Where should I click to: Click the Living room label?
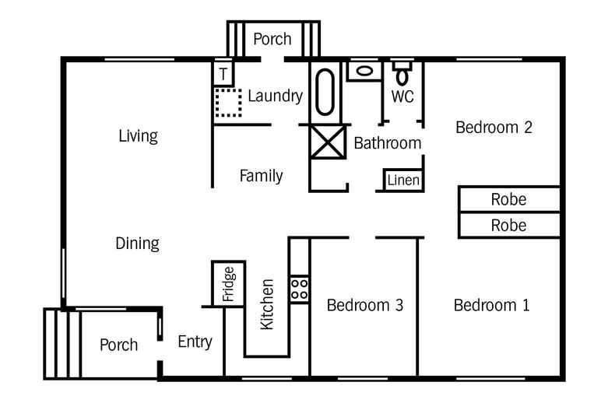point(138,136)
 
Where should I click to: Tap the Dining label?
point(137,244)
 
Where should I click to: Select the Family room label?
point(261,176)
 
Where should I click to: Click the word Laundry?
point(275,96)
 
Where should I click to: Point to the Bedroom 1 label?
point(491,306)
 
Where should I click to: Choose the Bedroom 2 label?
point(494,128)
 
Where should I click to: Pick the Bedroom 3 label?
point(364,306)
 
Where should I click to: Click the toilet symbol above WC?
point(402,72)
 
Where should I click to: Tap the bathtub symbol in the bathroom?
point(325,92)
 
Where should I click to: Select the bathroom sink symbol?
point(363,72)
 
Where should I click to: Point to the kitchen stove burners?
point(300,289)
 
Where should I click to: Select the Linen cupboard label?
point(403,181)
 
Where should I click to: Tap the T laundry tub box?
point(223,75)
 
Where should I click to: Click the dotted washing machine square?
point(228,103)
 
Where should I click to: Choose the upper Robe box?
point(508,200)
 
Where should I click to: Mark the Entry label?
point(195,342)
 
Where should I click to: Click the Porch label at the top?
point(272,39)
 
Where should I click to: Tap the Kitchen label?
point(267,304)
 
